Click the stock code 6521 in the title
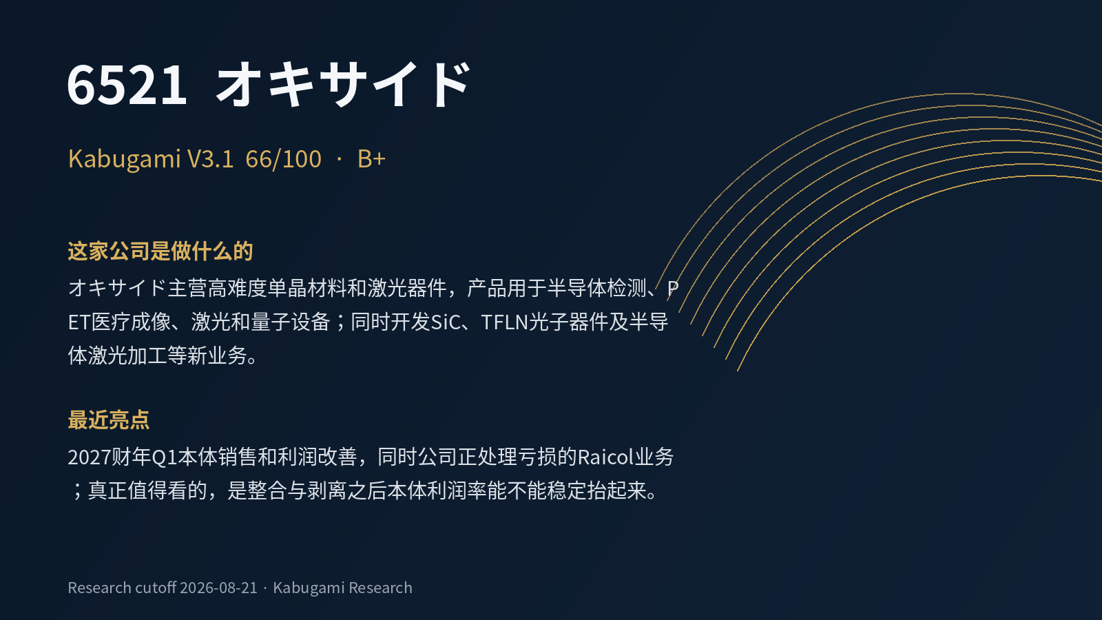[127, 85]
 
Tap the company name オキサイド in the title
[344, 83]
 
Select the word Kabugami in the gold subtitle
[125, 159]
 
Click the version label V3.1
[211, 159]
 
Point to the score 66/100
[283, 159]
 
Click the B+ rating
[371, 159]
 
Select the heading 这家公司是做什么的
[160, 251]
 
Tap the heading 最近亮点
[109, 420]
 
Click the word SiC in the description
[446, 322]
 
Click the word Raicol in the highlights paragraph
[605, 457]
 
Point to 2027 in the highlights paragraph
[89, 457]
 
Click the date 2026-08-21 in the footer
[218, 588]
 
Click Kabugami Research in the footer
[342, 588]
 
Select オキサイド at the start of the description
[117, 289]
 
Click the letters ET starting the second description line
[79, 322]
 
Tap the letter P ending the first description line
[672, 289]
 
